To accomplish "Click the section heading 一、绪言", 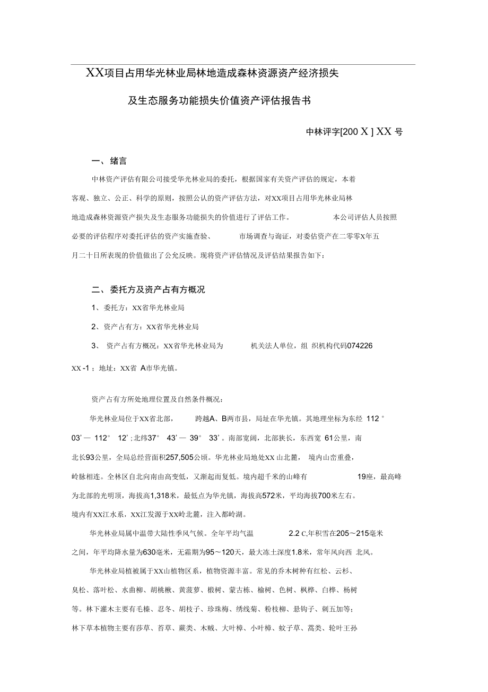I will (109, 161).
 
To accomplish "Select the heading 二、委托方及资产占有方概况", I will (148, 290).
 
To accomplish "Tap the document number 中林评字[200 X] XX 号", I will (354, 132).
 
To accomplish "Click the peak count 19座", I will (365, 477).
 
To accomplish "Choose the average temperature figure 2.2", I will (293, 533).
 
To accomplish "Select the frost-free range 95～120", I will (218, 552).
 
